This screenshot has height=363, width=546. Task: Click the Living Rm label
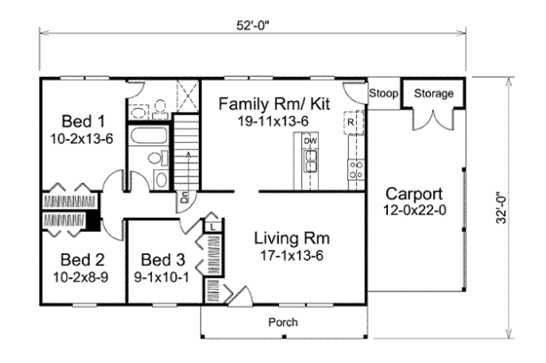(291, 237)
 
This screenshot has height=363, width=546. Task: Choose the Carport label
(412, 192)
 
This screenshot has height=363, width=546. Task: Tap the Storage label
(434, 94)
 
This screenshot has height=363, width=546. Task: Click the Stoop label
(382, 94)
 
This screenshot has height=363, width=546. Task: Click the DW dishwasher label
(310, 142)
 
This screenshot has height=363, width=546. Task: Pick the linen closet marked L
(212, 226)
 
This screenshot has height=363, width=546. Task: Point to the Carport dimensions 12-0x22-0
(412, 209)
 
